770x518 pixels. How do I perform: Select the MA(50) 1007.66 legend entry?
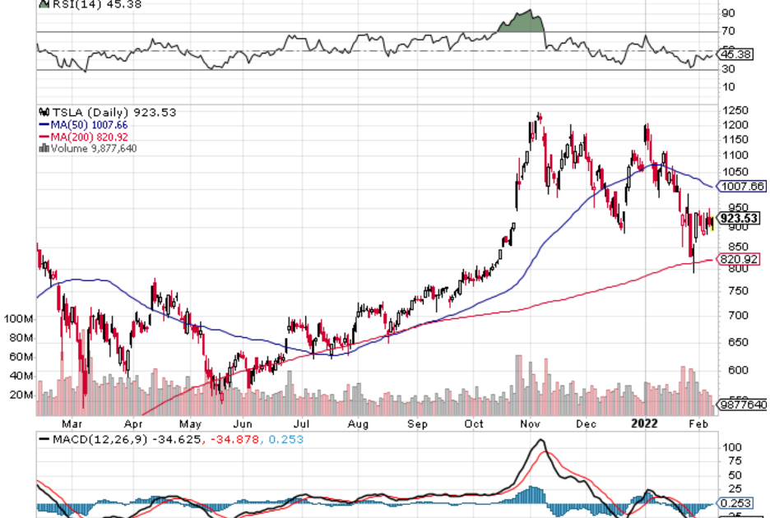point(85,124)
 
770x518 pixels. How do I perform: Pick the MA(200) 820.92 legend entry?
point(85,136)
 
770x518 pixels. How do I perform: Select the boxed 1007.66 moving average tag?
point(742,187)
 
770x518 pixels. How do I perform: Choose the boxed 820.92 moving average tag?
point(739,259)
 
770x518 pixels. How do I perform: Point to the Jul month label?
point(301,425)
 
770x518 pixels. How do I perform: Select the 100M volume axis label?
point(18,318)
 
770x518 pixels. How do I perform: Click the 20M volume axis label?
point(21,395)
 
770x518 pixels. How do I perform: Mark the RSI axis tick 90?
point(727,13)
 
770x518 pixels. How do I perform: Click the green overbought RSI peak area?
point(525,22)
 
